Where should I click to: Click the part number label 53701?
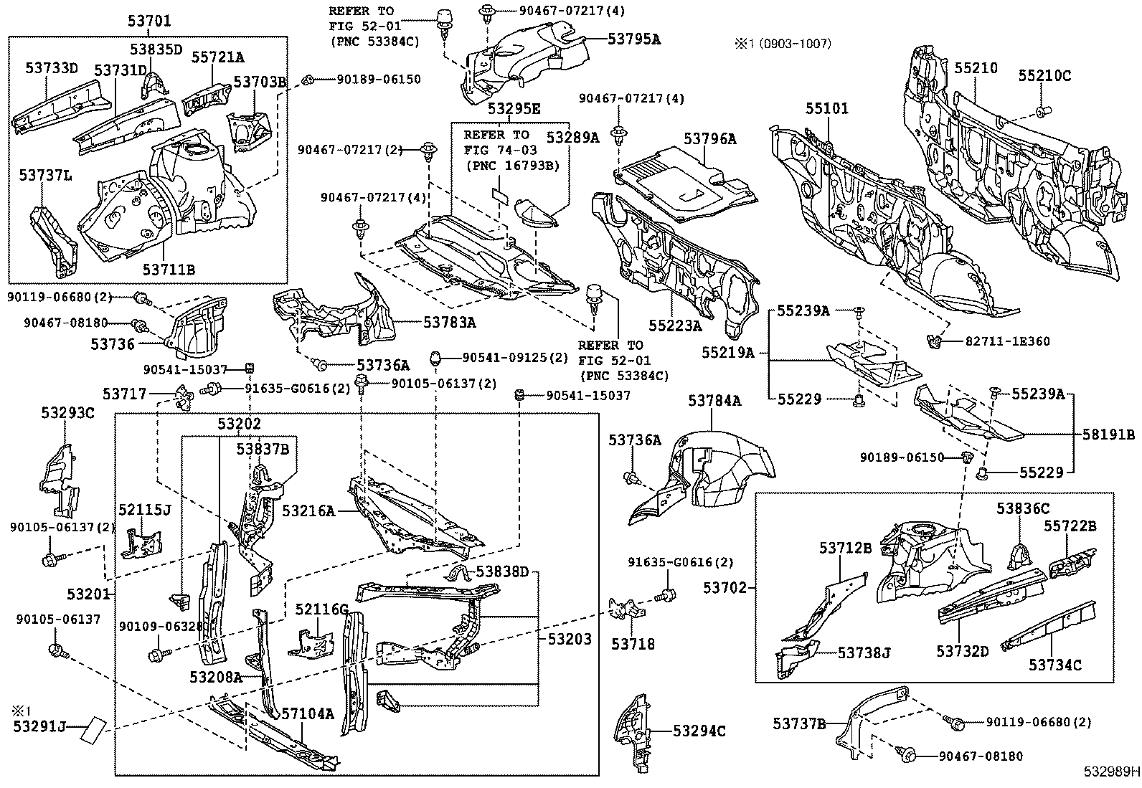(149, 22)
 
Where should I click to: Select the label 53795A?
(633, 39)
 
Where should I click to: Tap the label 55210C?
(1044, 75)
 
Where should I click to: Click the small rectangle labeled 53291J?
(93, 728)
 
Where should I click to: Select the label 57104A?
(307, 713)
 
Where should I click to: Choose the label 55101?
(826, 108)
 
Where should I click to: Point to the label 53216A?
(308, 511)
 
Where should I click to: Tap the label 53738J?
(864, 652)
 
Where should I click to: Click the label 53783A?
(449, 323)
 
